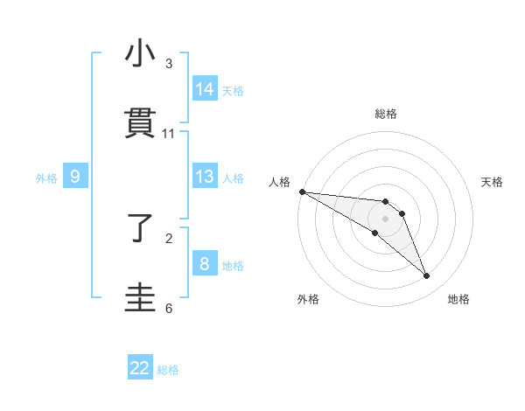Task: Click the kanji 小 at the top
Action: coord(140,54)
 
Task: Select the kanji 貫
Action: coord(140,124)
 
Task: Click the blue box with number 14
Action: coord(204,88)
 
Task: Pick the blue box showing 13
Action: coord(204,177)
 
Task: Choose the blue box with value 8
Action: coord(204,263)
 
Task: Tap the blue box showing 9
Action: coord(75,177)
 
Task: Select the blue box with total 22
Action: coord(140,368)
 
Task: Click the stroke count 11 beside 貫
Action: coord(169,134)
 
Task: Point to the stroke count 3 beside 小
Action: coord(169,64)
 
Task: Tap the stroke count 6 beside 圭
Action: coord(169,308)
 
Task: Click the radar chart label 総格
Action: coord(386,114)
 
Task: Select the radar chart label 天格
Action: coord(493,182)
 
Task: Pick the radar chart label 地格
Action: coord(458,299)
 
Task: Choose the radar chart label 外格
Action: coord(308,299)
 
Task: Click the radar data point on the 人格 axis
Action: coord(302,192)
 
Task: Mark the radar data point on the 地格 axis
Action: coord(427,276)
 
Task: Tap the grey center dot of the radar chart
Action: coord(385,219)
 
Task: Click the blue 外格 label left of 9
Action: coord(46,178)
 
